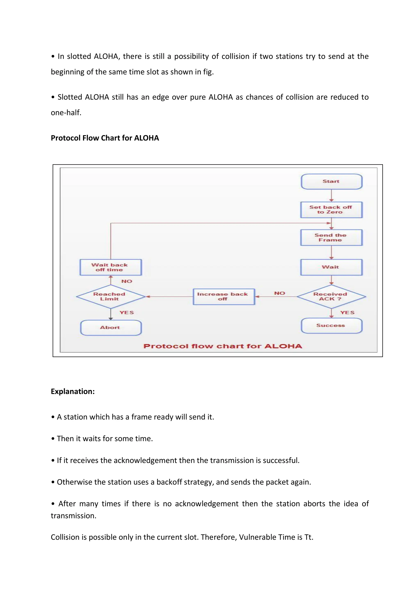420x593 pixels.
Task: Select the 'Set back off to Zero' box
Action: [x=331, y=210]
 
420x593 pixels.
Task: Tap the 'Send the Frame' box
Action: [x=331, y=238]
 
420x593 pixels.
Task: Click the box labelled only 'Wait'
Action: [x=331, y=267]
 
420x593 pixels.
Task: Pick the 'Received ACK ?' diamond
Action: [x=331, y=296]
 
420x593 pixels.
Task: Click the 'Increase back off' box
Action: [x=224, y=296]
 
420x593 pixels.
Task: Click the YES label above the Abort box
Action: [x=127, y=312]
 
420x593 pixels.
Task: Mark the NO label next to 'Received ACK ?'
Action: [x=280, y=293]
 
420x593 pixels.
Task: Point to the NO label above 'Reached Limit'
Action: [x=127, y=281]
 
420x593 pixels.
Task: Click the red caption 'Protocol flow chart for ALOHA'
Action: [x=223, y=346]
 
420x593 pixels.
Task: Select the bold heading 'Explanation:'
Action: [x=73, y=391]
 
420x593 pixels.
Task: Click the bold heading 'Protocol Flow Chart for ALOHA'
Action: [x=105, y=138]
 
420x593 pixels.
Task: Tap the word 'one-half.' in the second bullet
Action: [x=66, y=113]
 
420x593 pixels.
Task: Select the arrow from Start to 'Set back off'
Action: [x=331, y=196]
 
